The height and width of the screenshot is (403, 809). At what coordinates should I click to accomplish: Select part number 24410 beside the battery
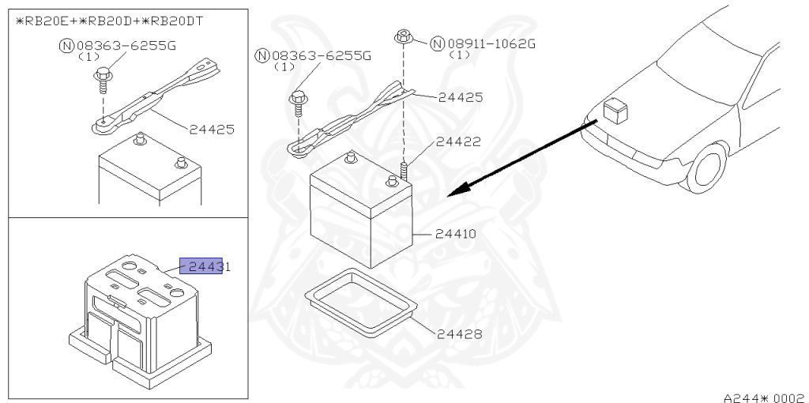[x=458, y=234]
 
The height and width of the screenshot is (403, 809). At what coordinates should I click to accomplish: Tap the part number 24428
[x=459, y=334]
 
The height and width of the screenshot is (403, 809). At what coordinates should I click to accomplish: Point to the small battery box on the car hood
[x=614, y=111]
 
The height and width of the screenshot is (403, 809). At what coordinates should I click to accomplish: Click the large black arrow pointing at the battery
[x=521, y=158]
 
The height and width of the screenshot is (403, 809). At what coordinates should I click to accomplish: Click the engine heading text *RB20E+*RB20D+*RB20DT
[x=110, y=21]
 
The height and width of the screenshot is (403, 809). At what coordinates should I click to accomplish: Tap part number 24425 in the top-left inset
[x=211, y=129]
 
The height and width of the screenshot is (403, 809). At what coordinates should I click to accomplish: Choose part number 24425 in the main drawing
[x=461, y=97]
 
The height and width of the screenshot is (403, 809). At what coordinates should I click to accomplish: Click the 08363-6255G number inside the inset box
[x=126, y=45]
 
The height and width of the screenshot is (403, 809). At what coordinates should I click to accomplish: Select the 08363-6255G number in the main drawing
[x=321, y=56]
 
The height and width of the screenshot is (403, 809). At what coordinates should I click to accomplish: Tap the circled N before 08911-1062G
[x=437, y=43]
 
